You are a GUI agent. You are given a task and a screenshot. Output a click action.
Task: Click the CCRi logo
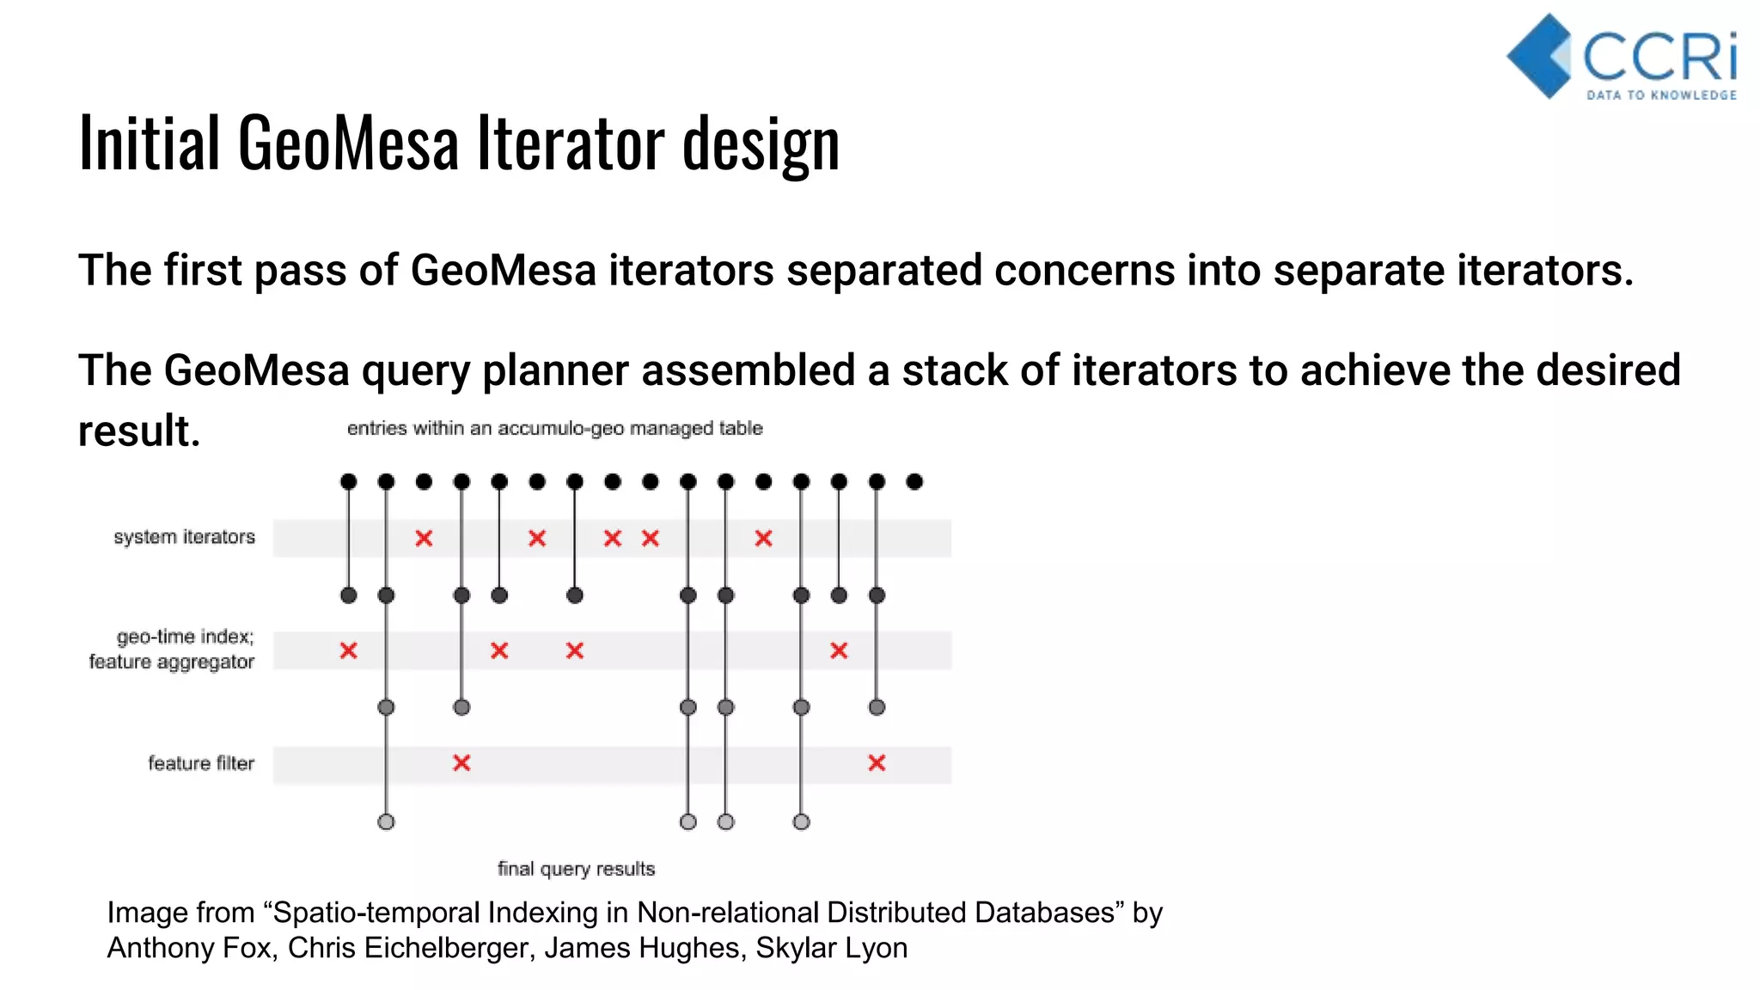click(1622, 58)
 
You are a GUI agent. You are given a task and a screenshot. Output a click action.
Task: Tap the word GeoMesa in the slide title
click(348, 144)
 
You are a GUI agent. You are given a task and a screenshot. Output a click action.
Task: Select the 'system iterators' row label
click(184, 537)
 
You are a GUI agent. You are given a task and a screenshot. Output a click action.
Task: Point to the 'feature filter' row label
click(201, 763)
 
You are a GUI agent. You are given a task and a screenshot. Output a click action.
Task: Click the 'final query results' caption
click(576, 869)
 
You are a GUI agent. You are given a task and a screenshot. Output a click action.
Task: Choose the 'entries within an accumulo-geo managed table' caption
click(554, 428)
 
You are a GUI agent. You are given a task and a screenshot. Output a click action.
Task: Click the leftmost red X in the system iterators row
click(424, 538)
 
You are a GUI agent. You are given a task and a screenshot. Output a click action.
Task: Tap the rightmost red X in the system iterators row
click(763, 538)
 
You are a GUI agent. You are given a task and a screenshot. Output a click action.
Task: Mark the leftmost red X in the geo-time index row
click(348, 651)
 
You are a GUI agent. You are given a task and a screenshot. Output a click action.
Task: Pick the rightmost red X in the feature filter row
click(877, 762)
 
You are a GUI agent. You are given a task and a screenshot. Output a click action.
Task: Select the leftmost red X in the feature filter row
click(461, 762)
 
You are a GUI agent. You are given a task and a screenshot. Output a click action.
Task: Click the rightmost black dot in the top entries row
click(914, 481)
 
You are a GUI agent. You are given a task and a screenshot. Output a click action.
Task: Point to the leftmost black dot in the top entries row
click(348, 481)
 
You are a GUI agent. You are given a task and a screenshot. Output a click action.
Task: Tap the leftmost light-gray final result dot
click(386, 822)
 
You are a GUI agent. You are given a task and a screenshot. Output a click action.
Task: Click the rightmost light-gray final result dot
click(801, 822)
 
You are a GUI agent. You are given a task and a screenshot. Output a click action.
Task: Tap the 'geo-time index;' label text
click(185, 637)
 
